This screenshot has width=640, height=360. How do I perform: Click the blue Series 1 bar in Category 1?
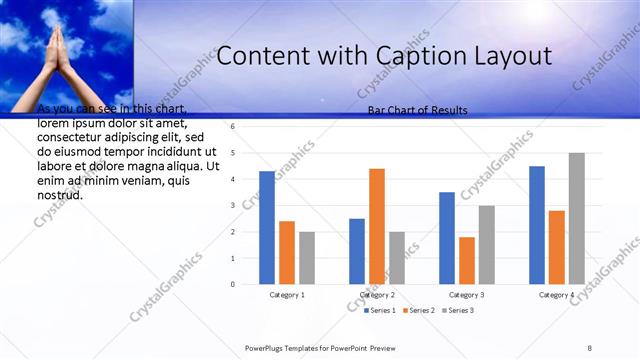(267, 227)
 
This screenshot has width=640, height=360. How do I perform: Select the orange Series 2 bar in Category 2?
(377, 226)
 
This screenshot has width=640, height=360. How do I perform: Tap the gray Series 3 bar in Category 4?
(577, 218)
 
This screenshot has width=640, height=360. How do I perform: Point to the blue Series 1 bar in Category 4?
(537, 225)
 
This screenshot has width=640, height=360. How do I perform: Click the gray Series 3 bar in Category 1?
(307, 258)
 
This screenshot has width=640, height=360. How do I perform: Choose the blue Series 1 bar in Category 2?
(357, 251)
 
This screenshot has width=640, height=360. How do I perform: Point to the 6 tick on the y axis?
(232, 127)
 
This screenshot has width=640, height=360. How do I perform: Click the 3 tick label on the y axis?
(232, 205)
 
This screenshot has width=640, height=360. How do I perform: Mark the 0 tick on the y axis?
(232, 284)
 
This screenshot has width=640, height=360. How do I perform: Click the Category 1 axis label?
(287, 295)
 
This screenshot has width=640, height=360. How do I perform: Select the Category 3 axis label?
(467, 295)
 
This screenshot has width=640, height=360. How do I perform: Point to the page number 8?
(590, 347)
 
